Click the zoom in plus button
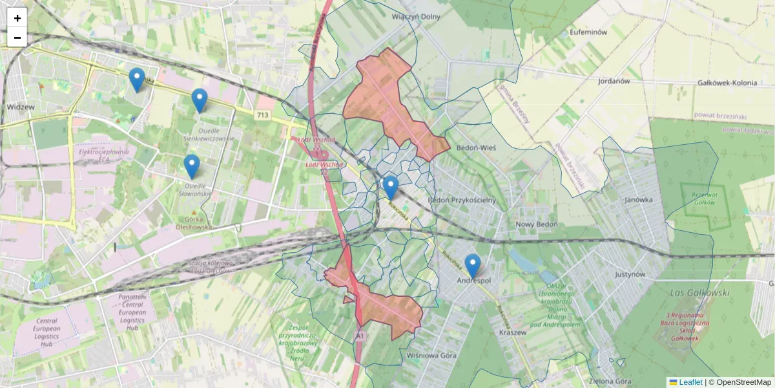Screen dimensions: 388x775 point(17,17)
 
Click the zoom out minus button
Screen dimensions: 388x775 point(17,37)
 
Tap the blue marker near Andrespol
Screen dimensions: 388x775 point(473,266)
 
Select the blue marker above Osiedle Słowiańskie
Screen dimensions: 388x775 point(191,166)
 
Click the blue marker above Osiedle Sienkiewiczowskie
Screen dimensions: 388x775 point(200,100)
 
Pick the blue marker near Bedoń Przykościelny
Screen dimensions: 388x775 point(390,188)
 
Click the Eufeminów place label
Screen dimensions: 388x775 point(588,32)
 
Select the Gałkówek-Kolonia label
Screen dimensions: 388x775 point(727,83)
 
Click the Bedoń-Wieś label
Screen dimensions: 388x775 point(476,147)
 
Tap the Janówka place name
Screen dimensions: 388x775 point(639,200)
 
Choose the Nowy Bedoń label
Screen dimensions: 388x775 point(536,224)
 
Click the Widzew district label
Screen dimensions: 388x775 point(21,106)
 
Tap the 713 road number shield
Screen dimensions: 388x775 point(262,115)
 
